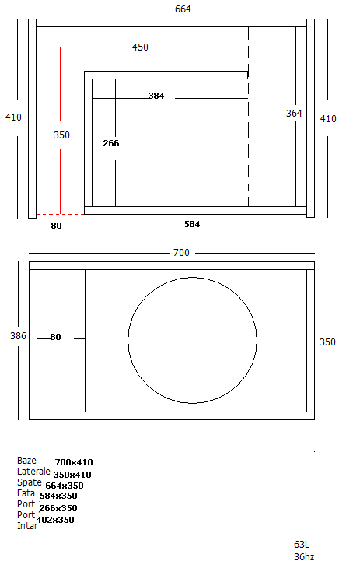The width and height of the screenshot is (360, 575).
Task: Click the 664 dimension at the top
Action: (183, 9)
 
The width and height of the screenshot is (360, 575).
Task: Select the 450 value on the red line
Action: (139, 47)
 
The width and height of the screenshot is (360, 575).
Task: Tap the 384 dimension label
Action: (156, 96)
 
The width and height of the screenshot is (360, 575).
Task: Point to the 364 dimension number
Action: (294, 114)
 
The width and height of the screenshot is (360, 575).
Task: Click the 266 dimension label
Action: (111, 143)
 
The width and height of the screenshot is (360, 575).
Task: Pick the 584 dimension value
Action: (192, 225)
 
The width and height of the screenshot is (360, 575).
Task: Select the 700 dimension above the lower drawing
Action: (181, 253)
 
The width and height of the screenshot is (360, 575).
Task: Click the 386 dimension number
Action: (18, 336)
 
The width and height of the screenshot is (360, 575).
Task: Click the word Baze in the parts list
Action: (26, 461)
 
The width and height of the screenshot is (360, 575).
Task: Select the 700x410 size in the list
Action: (74, 462)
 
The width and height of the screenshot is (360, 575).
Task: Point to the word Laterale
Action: (33, 472)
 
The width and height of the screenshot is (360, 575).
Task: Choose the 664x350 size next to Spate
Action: (65, 486)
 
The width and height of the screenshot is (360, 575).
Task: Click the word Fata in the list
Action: (26, 493)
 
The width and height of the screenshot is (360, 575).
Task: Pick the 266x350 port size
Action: (58, 508)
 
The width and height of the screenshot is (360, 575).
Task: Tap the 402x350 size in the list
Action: (55, 520)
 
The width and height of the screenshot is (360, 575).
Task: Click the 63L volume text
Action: (302, 545)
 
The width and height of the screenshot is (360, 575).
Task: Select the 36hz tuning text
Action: (303, 556)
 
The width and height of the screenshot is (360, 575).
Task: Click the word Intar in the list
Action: (26, 526)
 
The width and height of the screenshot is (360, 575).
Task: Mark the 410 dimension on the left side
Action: (13, 117)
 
